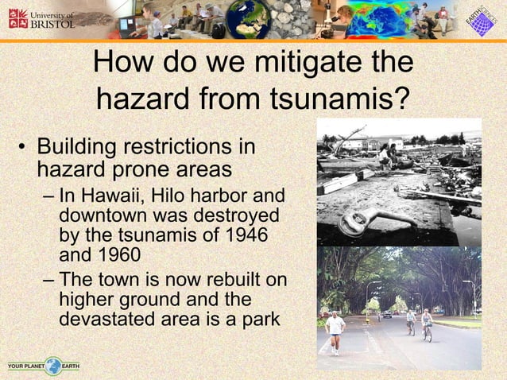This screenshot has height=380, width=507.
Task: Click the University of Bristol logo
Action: tap(41, 19)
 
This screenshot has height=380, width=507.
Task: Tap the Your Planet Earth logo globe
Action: tap(53, 366)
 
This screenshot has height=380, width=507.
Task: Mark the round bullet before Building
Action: tap(23, 149)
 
